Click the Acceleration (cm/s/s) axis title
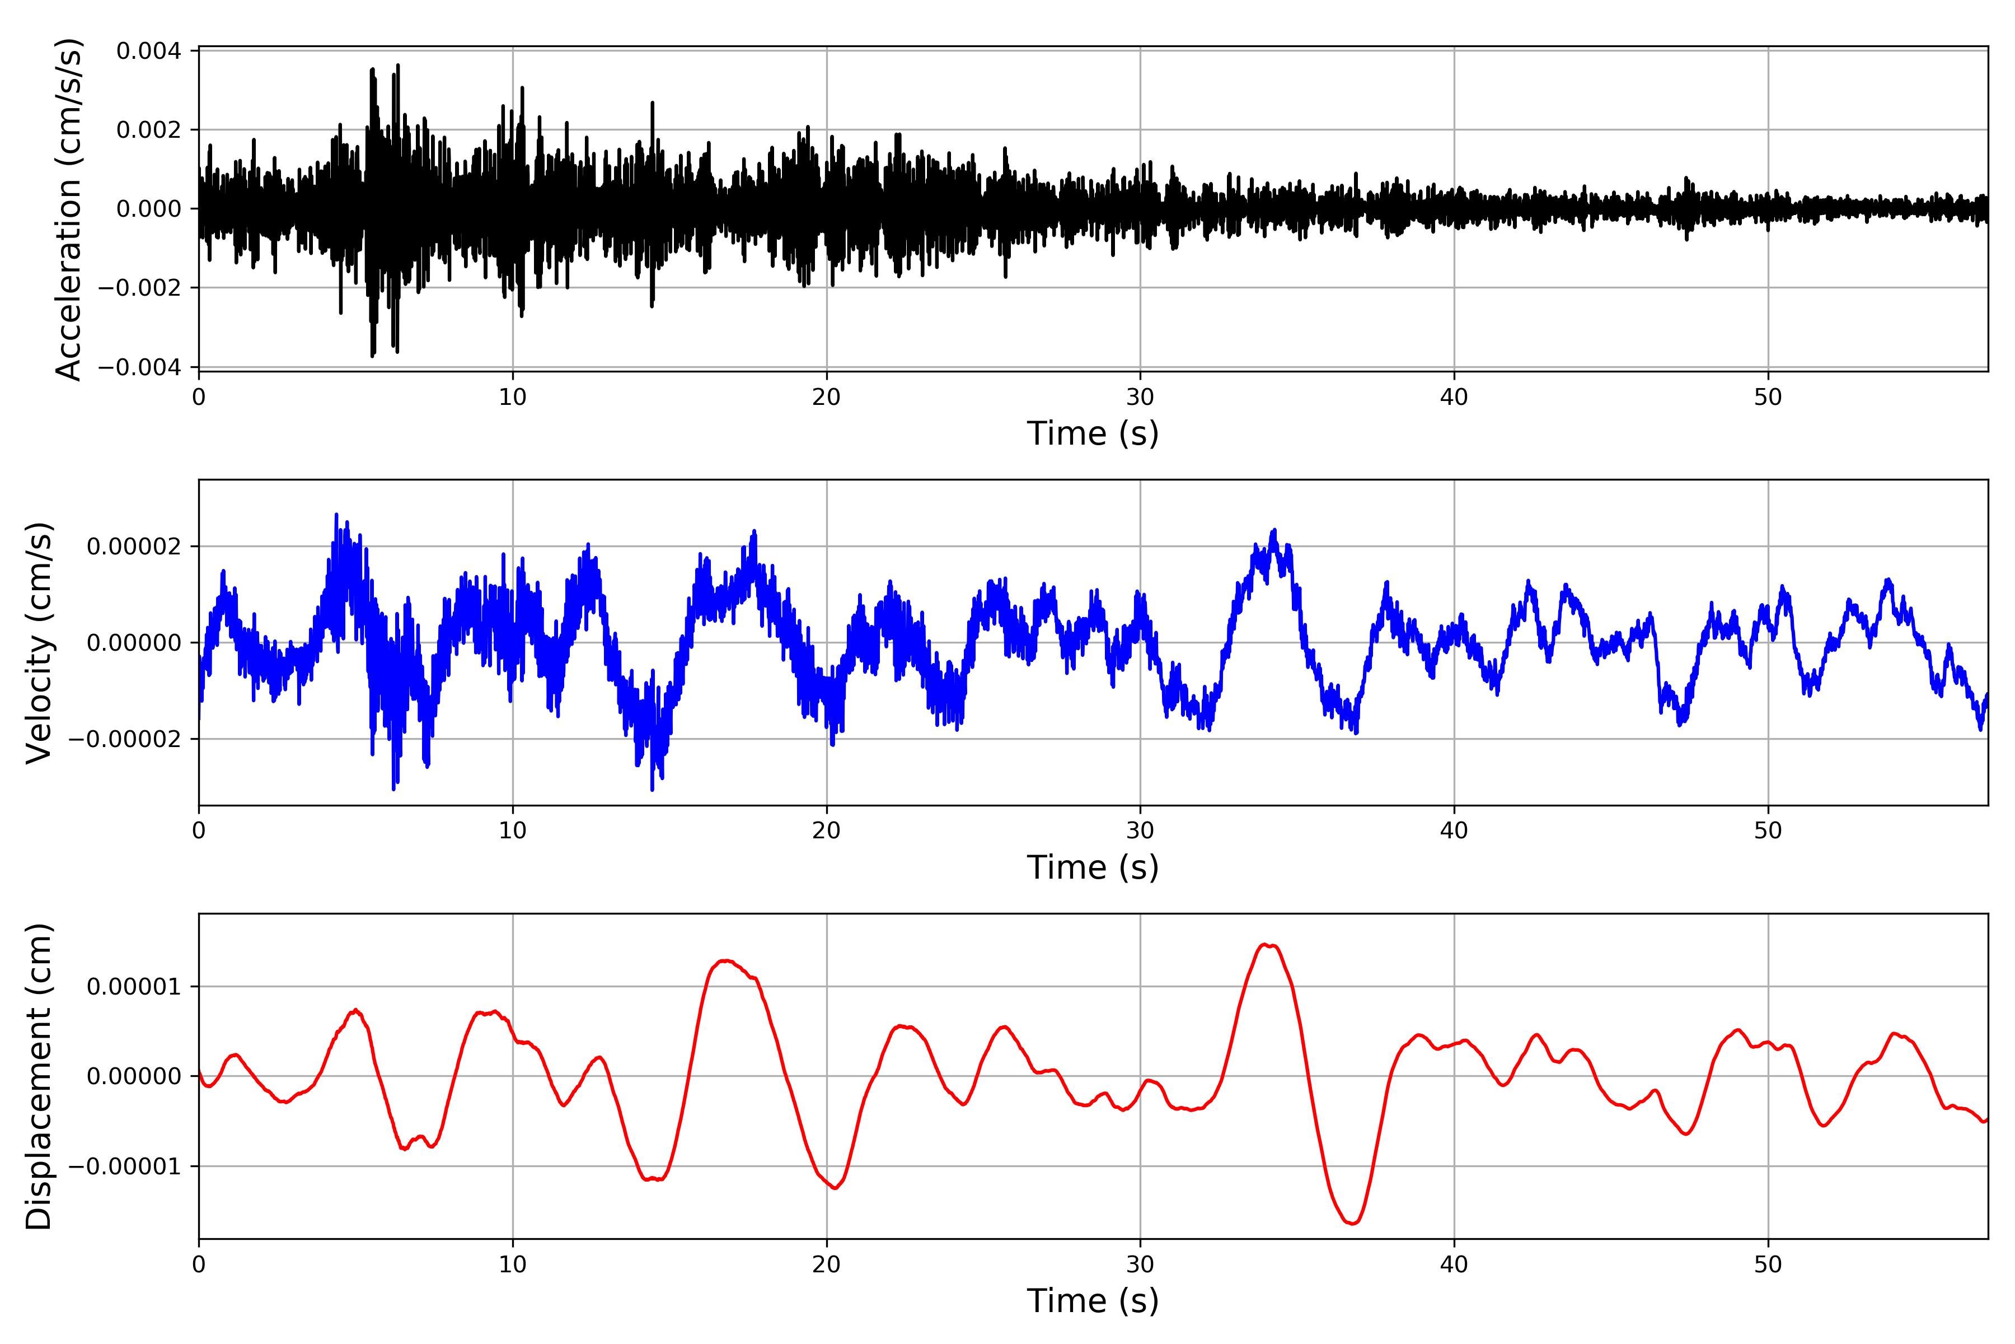point(68,209)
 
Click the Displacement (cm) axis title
point(39,1076)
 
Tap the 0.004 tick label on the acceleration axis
point(149,52)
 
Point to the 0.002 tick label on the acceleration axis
point(149,130)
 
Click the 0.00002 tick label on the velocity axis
point(134,547)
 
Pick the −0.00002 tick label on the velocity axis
point(125,739)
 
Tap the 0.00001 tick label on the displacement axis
point(134,987)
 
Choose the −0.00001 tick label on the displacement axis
point(125,1166)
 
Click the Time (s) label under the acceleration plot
point(1093,433)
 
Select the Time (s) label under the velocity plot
point(1093,867)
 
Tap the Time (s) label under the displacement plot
point(1093,1301)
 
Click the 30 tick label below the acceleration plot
point(1140,397)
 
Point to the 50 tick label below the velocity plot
point(1768,830)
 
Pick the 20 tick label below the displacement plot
point(827,1264)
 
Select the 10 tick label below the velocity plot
point(512,830)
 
